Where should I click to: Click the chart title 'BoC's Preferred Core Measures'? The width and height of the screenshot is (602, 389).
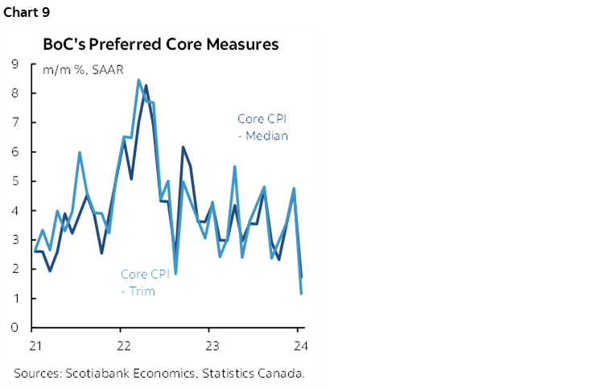click(161, 44)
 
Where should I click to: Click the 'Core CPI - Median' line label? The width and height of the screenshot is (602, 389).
click(262, 127)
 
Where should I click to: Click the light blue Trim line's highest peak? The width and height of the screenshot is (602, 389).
click(138, 80)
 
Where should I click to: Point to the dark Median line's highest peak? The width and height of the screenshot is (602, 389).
click(146, 85)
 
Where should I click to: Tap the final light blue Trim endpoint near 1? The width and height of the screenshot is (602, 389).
click(301, 293)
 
